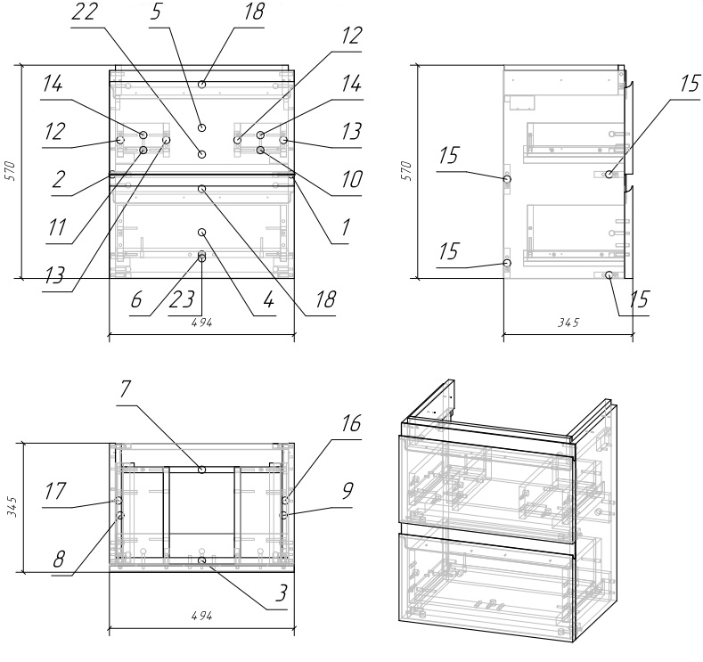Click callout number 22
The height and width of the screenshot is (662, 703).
click(85, 12)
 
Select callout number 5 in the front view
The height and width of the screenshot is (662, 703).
click(156, 12)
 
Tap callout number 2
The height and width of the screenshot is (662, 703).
click(59, 180)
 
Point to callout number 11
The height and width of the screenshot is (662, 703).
click(57, 228)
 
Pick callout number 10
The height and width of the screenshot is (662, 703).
click(351, 180)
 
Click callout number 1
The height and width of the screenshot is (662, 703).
click(345, 228)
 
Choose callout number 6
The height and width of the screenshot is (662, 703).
click(136, 300)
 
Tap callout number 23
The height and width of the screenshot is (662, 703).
click(182, 300)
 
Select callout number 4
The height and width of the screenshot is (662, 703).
click(268, 300)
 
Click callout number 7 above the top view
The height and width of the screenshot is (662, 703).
click(124, 389)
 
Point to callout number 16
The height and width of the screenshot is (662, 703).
click(350, 423)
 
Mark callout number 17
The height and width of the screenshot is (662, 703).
click(54, 491)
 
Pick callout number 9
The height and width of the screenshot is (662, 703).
click(347, 491)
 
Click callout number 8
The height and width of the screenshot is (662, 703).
click(59, 560)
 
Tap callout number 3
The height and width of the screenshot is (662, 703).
click(281, 593)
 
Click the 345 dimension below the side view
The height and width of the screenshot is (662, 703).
click(568, 323)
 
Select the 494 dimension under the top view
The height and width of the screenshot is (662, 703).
click(201, 617)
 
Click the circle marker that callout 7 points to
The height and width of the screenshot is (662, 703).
click(201, 470)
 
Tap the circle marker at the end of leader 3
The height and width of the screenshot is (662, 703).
click(201, 561)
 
